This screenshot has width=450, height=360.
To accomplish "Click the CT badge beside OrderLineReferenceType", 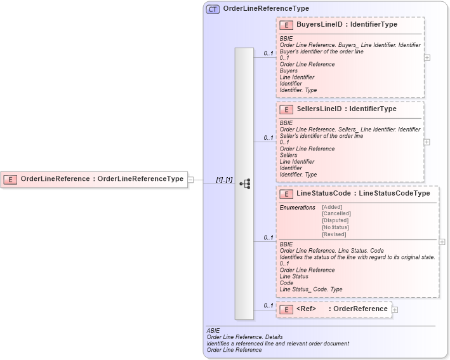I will tap(213, 9).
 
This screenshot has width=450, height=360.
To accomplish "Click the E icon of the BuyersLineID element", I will tap(286, 25).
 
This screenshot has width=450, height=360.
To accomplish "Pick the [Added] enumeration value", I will tap(332, 207).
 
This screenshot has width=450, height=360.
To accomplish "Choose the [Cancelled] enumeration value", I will tap(336, 214).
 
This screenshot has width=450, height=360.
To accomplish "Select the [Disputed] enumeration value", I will tap(335, 221).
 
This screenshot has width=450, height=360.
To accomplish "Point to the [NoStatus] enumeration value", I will tap(335, 227).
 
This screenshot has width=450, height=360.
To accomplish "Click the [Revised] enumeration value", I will tap(334, 234).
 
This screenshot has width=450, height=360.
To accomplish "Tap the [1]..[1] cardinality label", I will tap(224, 180).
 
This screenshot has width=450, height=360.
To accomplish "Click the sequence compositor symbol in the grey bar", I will tap(244, 183).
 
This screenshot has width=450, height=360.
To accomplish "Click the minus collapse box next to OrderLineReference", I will tap(190, 180).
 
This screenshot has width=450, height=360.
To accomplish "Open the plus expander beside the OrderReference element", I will tap(395, 309).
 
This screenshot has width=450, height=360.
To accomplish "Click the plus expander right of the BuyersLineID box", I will tap(427, 57).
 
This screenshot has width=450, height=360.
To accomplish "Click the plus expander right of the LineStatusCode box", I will tap(442, 242).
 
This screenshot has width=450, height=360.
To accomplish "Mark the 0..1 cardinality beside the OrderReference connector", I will tap(268, 306).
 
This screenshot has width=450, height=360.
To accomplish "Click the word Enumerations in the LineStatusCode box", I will tap(297, 208).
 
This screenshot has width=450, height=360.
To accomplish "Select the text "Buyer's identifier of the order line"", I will tap(321, 51).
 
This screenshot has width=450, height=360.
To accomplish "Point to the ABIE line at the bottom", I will tap(213, 331).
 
